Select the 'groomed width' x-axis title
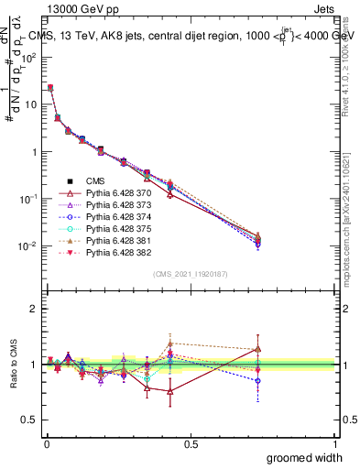306,457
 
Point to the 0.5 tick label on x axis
191,443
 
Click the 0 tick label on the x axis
47,443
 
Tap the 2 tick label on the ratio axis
35,309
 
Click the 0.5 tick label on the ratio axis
31,420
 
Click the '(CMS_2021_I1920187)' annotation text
191,273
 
